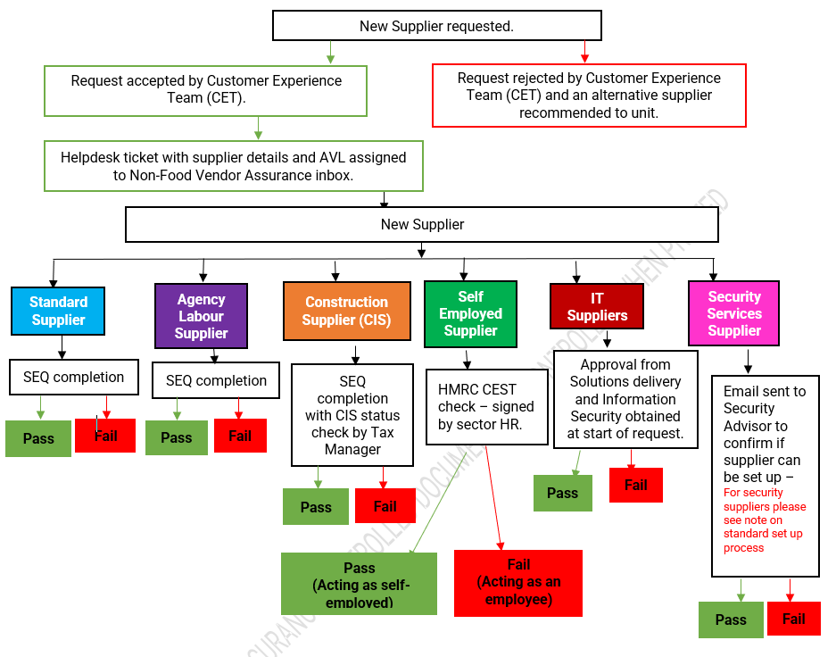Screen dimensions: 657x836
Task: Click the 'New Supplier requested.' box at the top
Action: point(436,26)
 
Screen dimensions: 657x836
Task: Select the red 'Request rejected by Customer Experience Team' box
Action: point(589,96)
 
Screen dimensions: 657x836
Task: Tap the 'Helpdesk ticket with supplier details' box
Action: point(233,166)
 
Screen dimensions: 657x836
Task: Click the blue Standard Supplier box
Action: point(58,311)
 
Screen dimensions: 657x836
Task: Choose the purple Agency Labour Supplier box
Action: point(201,316)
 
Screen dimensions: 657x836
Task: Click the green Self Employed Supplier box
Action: point(470,313)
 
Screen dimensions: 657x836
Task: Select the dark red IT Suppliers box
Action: point(597,306)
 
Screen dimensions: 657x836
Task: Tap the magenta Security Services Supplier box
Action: point(733,313)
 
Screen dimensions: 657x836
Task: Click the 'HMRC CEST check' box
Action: point(485,406)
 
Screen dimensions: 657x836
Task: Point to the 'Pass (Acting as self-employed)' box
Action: point(359,584)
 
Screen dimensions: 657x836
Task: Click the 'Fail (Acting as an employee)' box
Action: point(518,582)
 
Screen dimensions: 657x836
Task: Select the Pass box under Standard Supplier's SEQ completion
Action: point(38,438)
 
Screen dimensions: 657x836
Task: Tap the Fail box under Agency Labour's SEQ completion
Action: point(240,436)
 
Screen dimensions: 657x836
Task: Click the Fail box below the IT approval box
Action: point(635,485)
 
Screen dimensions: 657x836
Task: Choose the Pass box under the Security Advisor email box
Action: point(731,620)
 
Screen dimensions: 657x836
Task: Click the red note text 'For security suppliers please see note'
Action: point(765,520)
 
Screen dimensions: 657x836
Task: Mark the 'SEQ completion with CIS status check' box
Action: point(352,414)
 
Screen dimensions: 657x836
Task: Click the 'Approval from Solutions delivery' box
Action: point(625,399)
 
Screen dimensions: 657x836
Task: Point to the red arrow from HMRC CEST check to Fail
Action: point(491,500)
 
